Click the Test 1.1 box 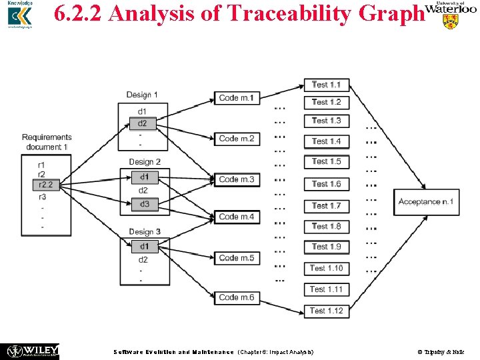327,85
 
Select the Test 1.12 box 327,310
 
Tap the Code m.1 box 237,98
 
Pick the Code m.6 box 237,297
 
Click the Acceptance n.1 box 426,201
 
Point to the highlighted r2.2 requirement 45,185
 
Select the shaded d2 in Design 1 143,123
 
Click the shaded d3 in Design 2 144,204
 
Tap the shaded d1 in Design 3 144,247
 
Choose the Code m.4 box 237,217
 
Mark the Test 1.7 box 327,205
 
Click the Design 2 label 145,162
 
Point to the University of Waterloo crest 451,21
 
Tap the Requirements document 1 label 47,142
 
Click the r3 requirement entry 42,197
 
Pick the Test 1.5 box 327,161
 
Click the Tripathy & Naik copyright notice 443,351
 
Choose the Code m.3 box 237,179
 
